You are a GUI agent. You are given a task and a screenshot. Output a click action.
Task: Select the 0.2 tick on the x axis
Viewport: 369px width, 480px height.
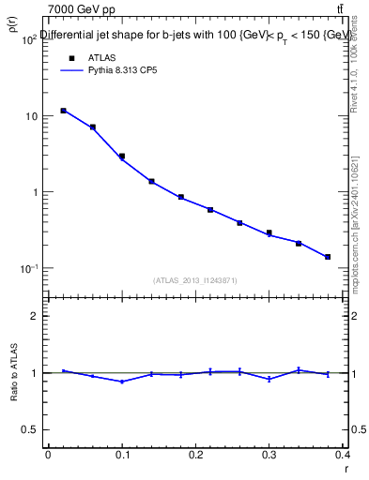pyautogui.click(x=195, y=456)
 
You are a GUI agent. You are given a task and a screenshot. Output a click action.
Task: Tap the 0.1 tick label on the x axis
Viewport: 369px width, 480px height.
pyautogui.click(x=121, y=456)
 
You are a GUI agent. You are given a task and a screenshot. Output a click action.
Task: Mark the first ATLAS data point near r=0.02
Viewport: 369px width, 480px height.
pyautogui.click(x=63, y=111)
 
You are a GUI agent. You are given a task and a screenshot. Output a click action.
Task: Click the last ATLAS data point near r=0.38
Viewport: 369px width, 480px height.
pyautogui.click(x=328, y=257)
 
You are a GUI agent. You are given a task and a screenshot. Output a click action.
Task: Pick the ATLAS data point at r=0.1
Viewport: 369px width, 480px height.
pyautogui.click(x=122, y=156)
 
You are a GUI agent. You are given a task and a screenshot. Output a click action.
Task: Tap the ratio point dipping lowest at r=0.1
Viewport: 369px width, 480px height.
pyautogui.click(x=122, y=382)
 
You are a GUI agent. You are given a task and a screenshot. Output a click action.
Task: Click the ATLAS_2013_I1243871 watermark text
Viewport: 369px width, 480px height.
pyautogui.click(x=195, y=280)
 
